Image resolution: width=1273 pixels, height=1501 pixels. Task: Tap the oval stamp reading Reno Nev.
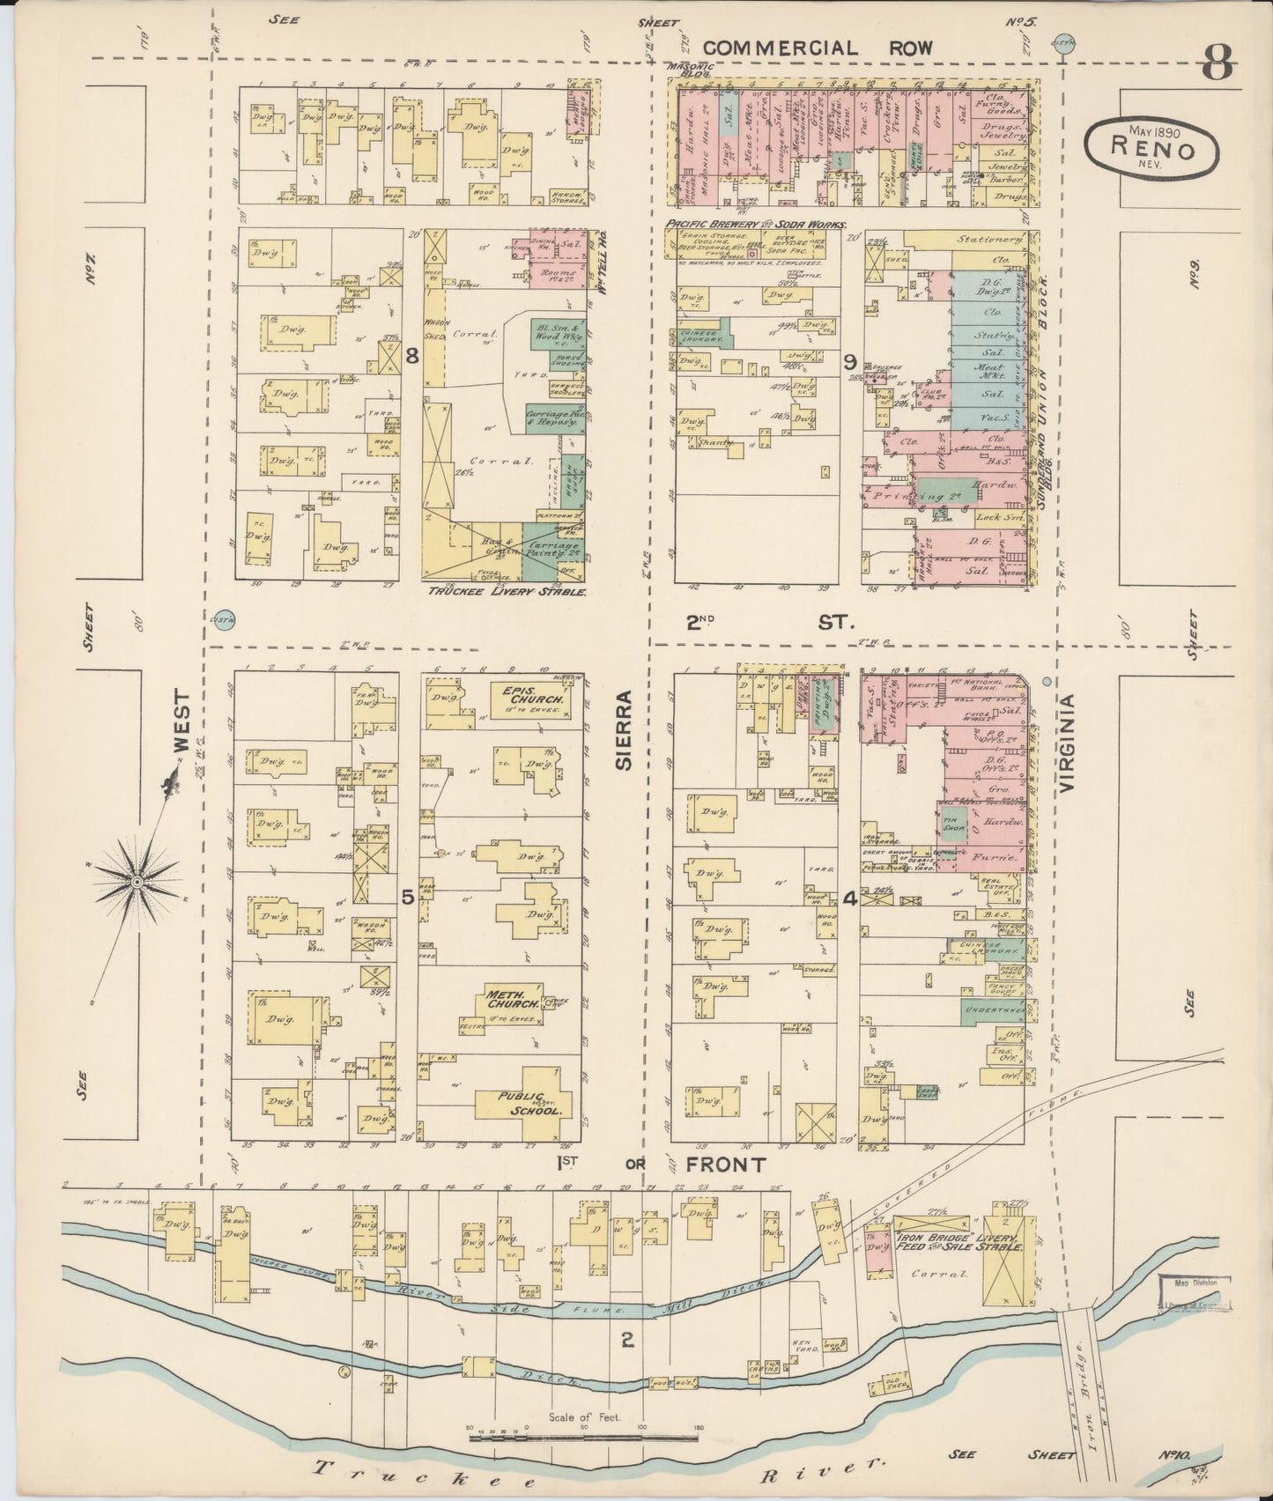coord(1153,144)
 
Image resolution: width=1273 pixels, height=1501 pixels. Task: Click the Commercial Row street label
coord(818,47)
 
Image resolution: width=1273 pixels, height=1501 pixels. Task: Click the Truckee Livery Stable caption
coord(507,592)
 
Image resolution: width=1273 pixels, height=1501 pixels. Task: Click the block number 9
coord(849,360)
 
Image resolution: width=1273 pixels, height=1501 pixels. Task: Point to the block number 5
coord(407,897)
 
